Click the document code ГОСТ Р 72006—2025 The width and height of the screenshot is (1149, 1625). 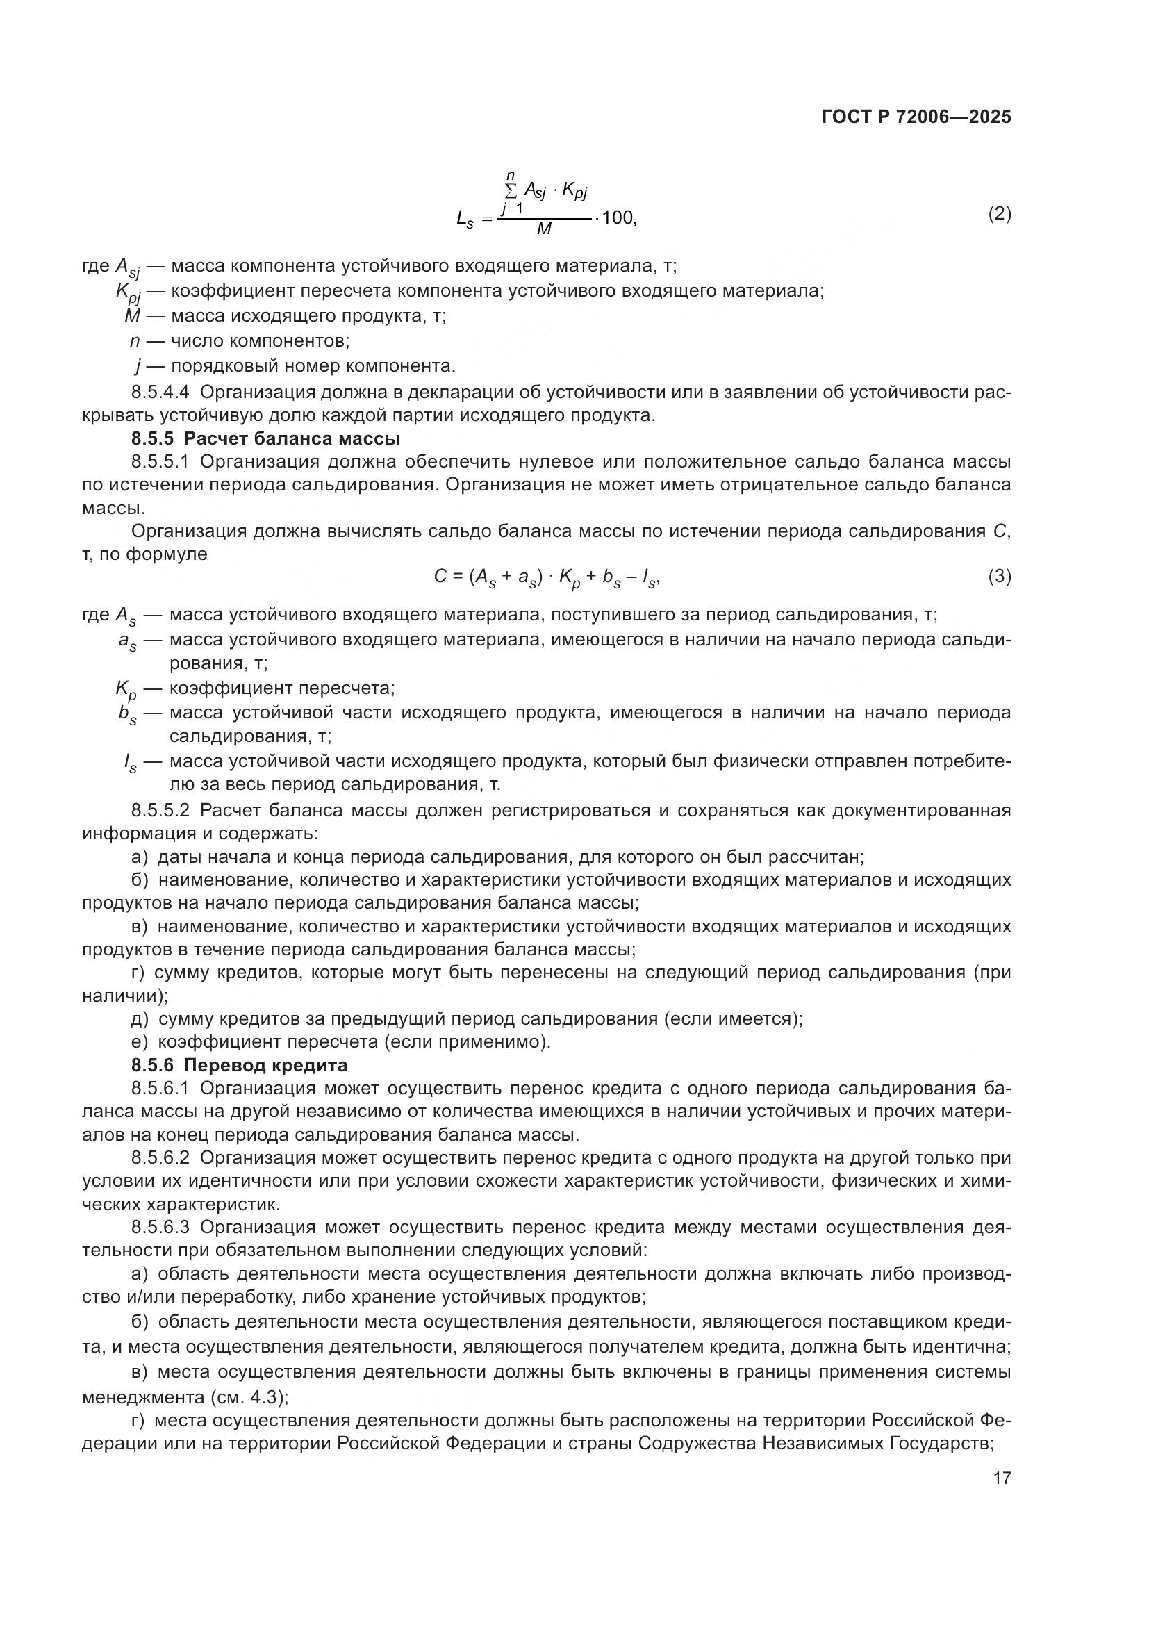pyautogui.click(x=916, y=117)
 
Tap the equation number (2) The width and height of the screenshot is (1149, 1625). pyautogui.click(x=999, y=214)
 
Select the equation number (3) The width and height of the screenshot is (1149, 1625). pyautogui.click(x=999, y=577)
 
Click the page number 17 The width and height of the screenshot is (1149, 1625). pyautogui.click(x=1002, y=1478)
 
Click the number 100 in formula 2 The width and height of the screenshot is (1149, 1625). pyautogui.click(x=619, y=217)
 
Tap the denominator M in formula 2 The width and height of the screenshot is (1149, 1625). pyautogui.click(x=544, y=229)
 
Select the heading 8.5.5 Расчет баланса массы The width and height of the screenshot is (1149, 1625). pyautogui.click(x=265, y=439)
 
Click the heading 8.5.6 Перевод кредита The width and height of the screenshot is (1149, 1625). pyautogui.click(x=239, y=1065)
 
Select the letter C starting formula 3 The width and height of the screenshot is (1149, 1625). pyautogui.click(x=440, y=577)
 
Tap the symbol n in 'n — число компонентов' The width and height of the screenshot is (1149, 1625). pyautogui.click(x=135, y=341)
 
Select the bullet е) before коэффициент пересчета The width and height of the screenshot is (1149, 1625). pyautogui.click(x=140, y=1042)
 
